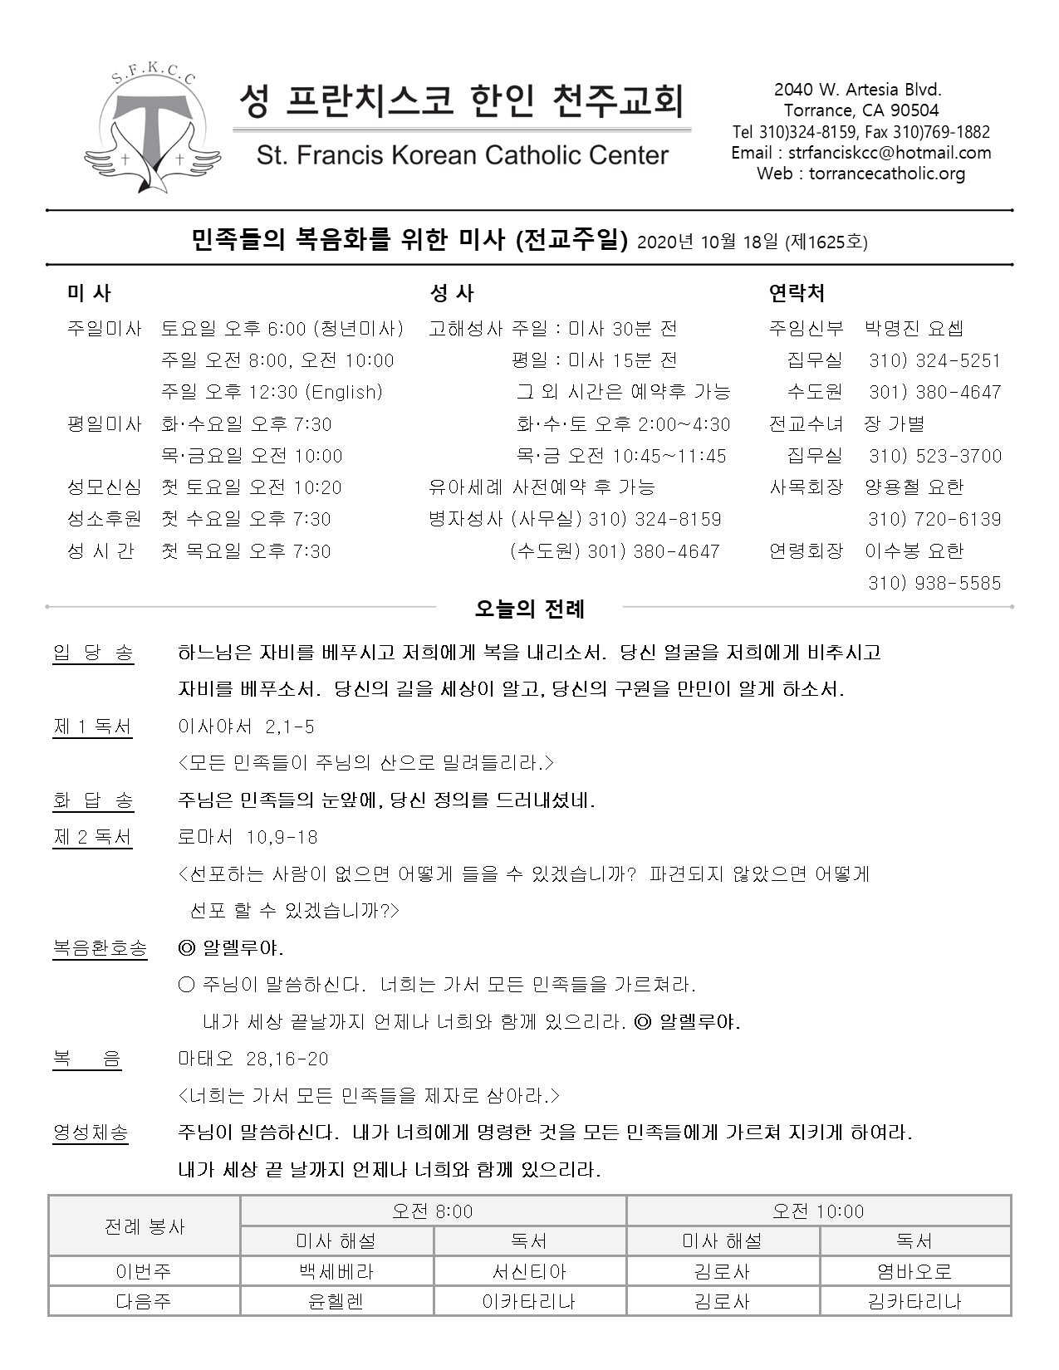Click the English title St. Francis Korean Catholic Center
(462, 155)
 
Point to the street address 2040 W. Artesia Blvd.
(857, 90)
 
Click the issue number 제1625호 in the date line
(829, 242)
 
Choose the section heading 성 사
(452, 293)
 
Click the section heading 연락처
(797, 293)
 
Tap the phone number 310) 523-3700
(934, 456)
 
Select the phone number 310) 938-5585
(934, 583)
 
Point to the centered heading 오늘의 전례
(529, 609)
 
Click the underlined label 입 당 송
(93, 653)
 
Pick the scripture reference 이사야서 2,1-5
(246, 727)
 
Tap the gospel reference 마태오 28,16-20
(252, 1059)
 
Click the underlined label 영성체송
(91, 1132)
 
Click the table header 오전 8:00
(433, 1211)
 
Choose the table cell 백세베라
(336, 1271)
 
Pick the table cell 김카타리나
(914, 1301)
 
